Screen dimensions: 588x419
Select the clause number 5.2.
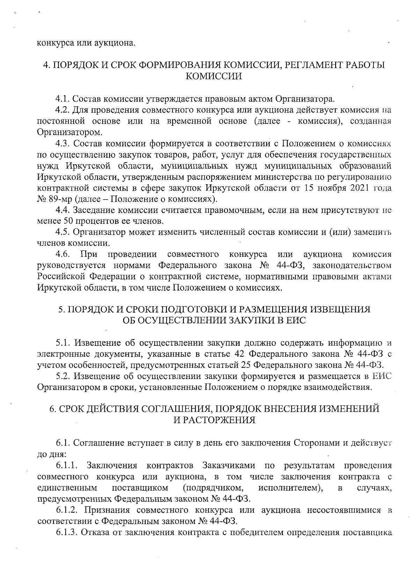63,376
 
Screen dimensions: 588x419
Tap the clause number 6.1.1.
68,465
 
